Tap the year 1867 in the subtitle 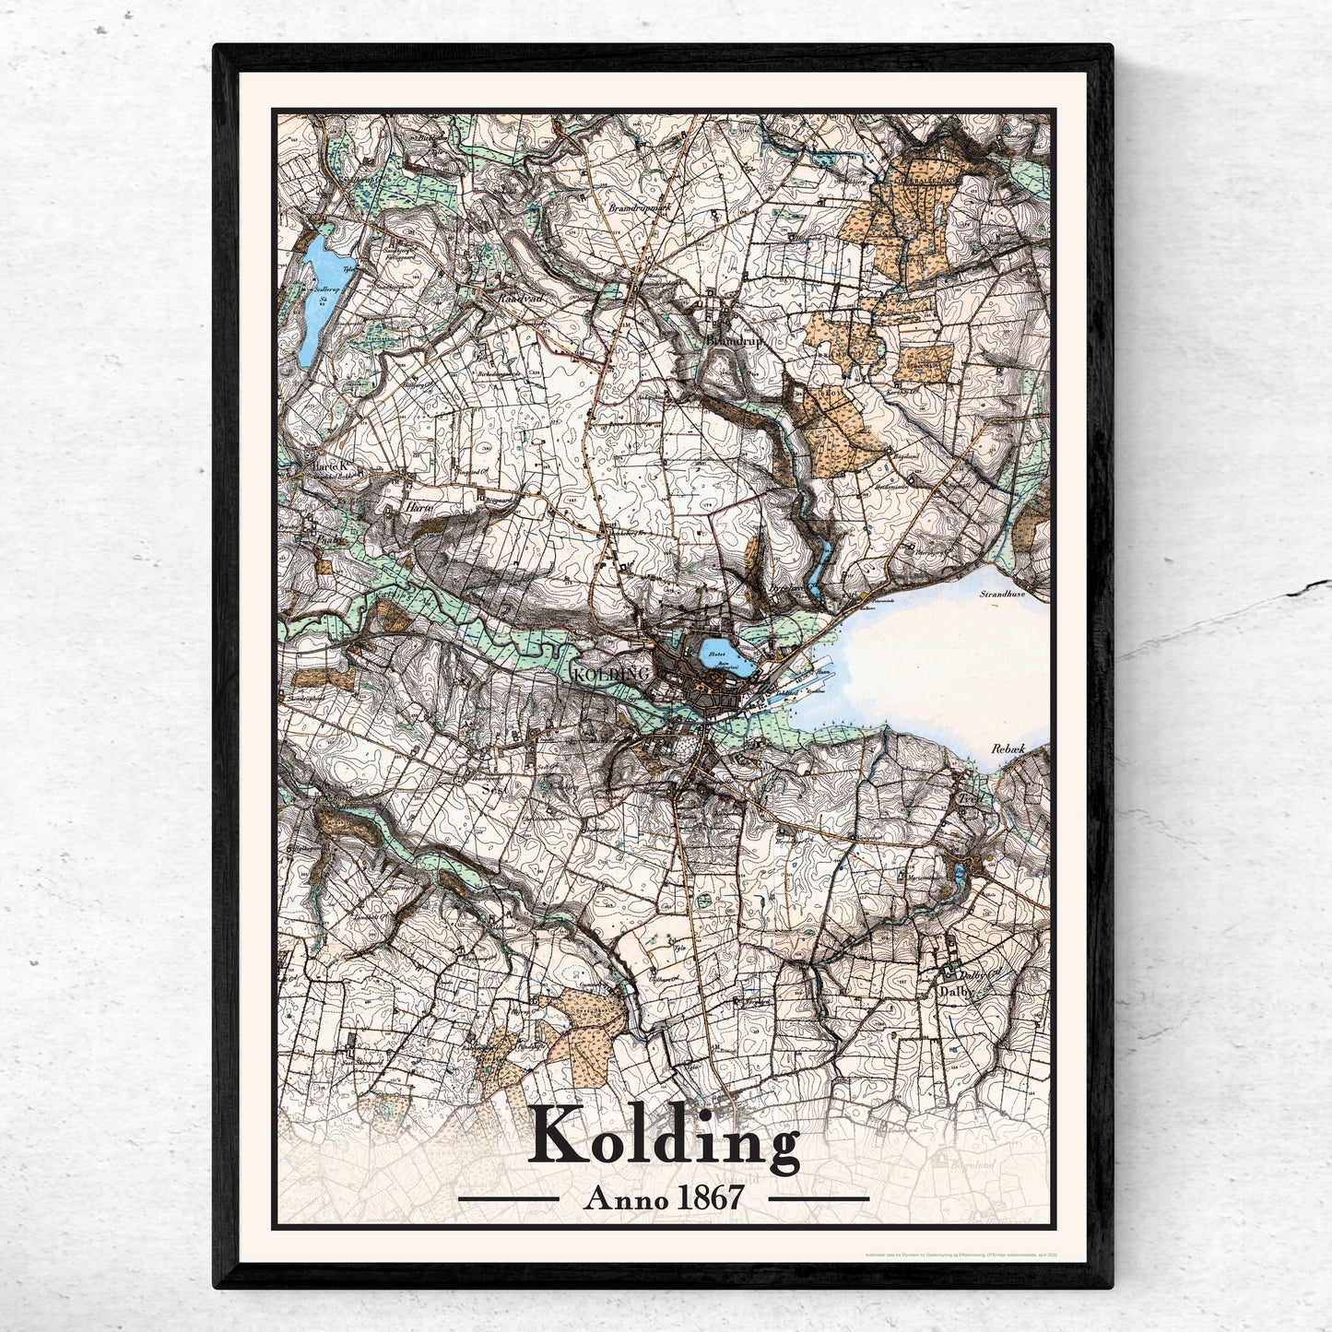pyautogui.click(x=711, y=1198)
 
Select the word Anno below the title pyautogui.click(x=622, y=1198)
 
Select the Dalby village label pyautogui.click(x=956, y=995)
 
